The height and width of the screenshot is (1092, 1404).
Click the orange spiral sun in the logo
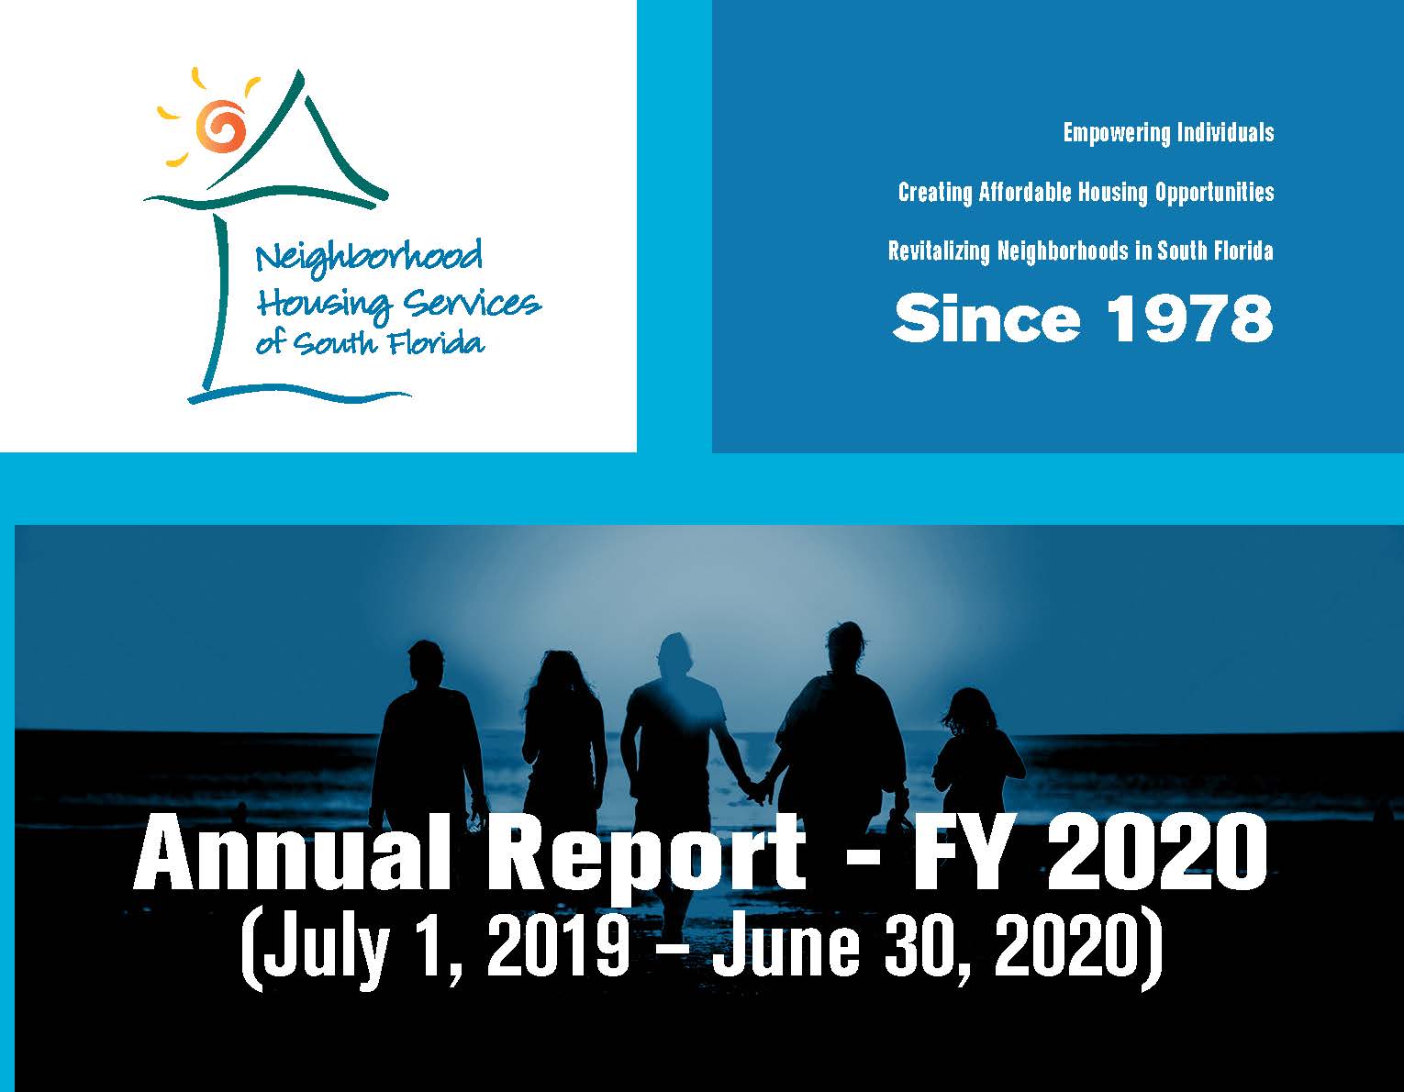(x=221, y=126)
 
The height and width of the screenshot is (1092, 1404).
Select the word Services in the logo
(x=473, y=303)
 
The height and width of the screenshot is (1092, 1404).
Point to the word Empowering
(x=1116, y=134)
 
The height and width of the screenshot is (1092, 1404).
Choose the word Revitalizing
(x=938, y=251)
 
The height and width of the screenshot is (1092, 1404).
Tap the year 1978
(x=1189, y=318)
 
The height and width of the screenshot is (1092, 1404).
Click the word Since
(x=986, y=318)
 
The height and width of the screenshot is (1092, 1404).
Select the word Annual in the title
(x=283, y=854)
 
